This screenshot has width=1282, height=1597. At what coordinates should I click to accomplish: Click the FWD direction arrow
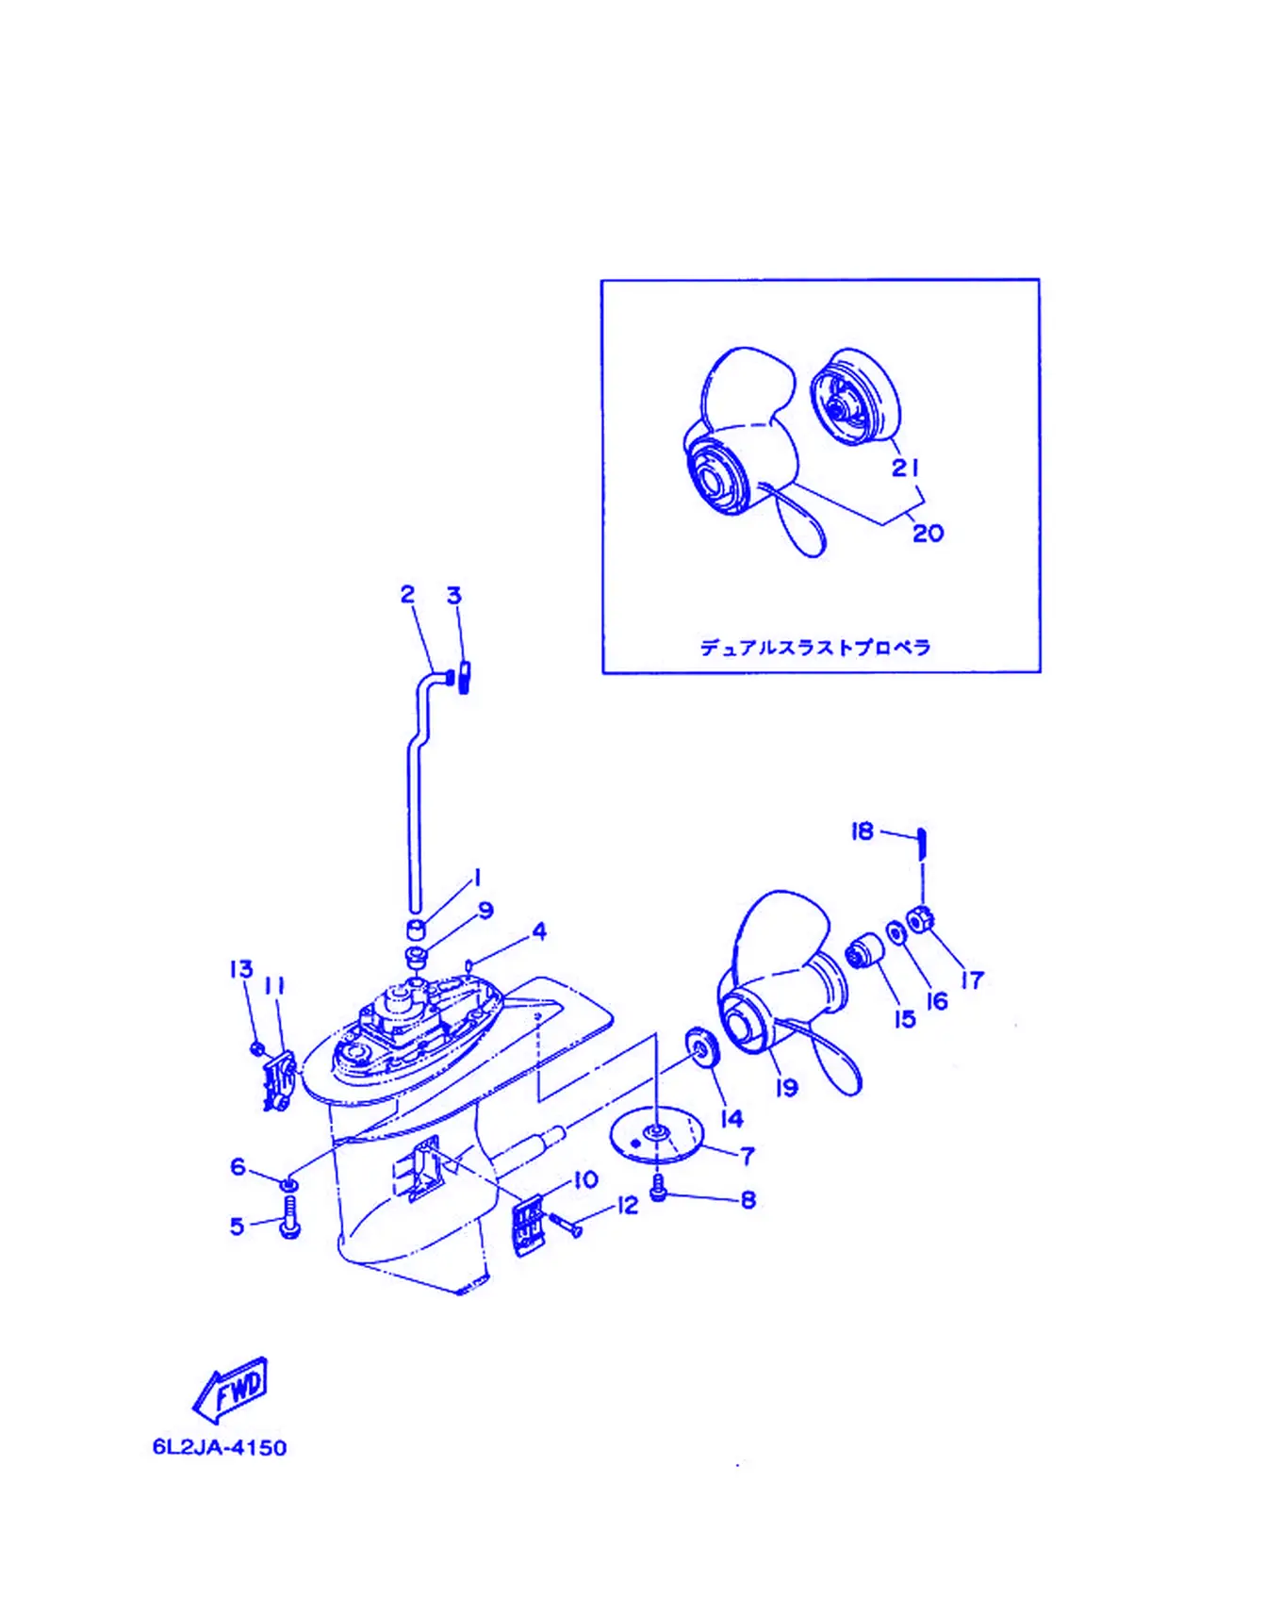[x=230, y=1389]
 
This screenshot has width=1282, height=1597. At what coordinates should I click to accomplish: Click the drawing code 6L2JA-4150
[x=220, y=1447]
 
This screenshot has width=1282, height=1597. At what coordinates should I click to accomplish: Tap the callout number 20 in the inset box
[x=928, y=534]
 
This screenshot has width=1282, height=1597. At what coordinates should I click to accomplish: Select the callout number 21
[x=906, y=468]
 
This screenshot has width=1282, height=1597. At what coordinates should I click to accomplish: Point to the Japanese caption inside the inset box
[x=815, y=648]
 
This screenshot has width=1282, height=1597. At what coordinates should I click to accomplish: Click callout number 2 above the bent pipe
[x=407, y=594]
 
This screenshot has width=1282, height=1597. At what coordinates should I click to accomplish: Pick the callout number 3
[x=454, y=596]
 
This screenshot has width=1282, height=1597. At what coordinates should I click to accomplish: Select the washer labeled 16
[x=896, y=931]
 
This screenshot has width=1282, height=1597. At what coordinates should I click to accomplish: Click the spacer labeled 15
[x=862, y=953]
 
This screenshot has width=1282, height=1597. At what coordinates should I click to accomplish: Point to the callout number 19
[x=786, y=1088]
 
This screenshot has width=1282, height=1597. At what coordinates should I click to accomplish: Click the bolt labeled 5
[x=290, y=1217]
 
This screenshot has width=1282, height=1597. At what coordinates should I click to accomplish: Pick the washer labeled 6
[x=290, y=1182]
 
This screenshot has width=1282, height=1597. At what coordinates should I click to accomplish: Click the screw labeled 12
[x=566, y=1224]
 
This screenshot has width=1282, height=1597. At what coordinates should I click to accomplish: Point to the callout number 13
[x=241, y=969]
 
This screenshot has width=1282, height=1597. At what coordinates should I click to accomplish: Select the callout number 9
[x=485, y=911]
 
